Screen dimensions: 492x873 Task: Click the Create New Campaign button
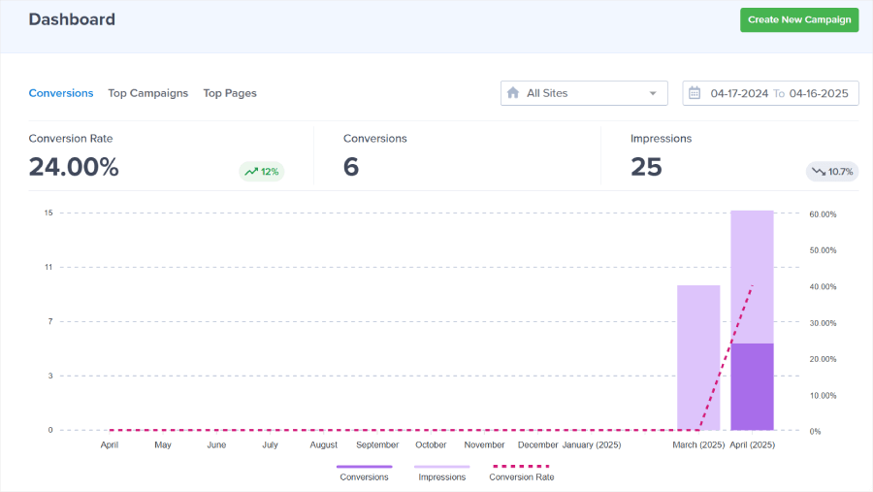tap(798, 19)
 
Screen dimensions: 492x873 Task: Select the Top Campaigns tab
tap(147, 93)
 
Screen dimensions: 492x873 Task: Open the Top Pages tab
tap(230, 93)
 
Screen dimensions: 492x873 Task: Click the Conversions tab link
tap(61, 93)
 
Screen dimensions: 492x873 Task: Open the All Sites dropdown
tap(584, 93)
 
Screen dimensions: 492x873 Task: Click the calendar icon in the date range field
tap(695, 93)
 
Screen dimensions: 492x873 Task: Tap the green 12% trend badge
tap(262, 172)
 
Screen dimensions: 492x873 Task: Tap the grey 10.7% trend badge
tap(831, 172)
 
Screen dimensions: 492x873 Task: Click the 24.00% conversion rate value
tap(74, 167)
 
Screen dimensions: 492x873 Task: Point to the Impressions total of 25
tap(646, 167)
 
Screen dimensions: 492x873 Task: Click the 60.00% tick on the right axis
tap(823, 213)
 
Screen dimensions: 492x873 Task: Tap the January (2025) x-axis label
tap(591, 444)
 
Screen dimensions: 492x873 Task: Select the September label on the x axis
tap(377, 444)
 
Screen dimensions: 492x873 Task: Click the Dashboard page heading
tap(72, 19)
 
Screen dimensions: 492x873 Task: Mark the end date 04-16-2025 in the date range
tap(819, 93)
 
